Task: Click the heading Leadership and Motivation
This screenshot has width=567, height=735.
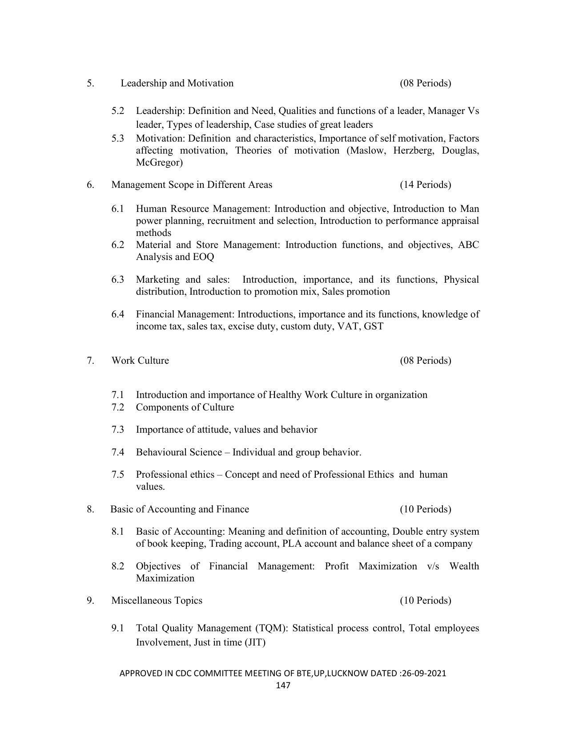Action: point(177,83)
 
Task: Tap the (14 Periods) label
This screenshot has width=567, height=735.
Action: point(425,185)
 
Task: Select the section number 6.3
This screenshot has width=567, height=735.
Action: point(118,280)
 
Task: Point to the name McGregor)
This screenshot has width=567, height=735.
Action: point(159,162)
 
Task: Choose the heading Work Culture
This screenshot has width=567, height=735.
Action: point(140,361)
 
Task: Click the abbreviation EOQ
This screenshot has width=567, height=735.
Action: point(203,257)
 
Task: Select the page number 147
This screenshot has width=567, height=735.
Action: point(283,685)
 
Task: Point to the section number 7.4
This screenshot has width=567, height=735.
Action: point(118,452)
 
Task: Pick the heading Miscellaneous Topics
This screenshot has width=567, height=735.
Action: point(157,601)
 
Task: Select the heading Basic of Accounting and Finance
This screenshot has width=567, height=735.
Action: point(180,509)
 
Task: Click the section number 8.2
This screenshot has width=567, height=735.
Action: point(118,566)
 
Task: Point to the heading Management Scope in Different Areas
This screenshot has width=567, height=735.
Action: point(192,185)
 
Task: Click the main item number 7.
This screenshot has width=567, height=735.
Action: point(90,361)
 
